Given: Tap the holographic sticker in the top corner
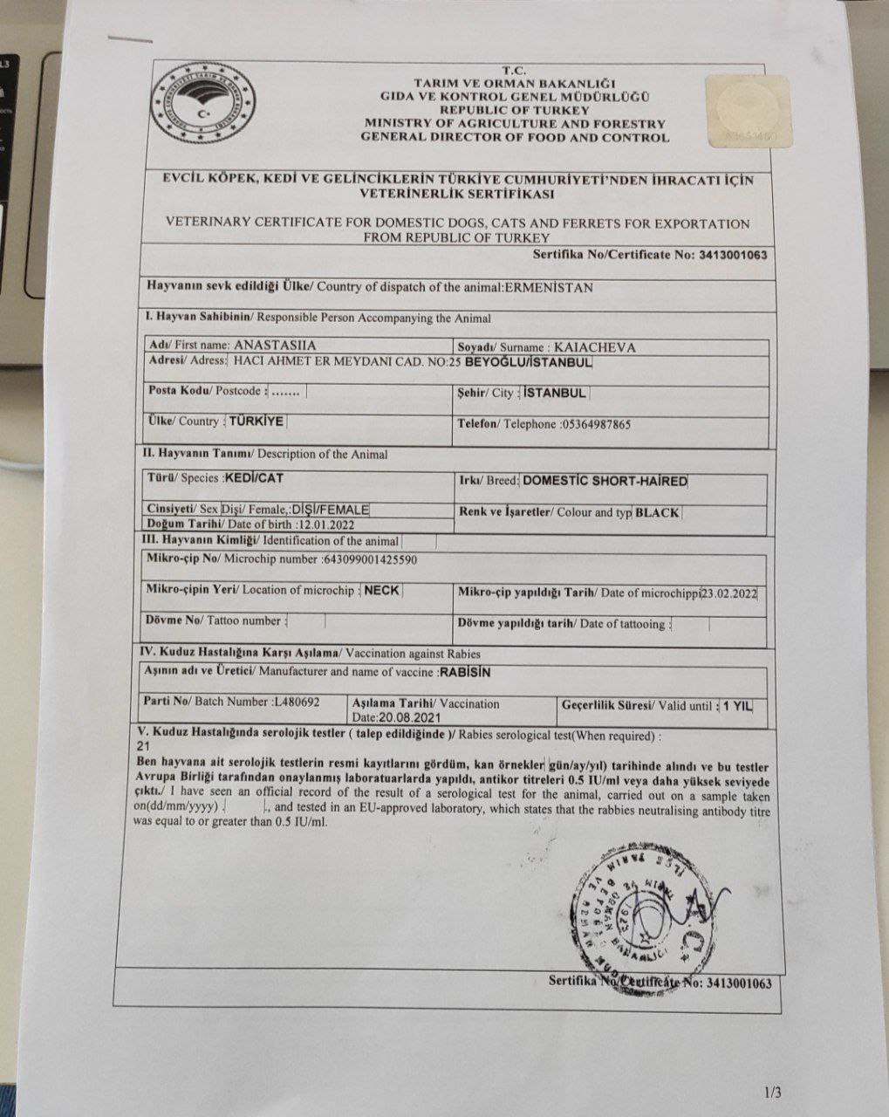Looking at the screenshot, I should (749, 108).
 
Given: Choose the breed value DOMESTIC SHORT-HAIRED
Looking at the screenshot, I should (605, 481).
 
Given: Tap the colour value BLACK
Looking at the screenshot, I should (658, 513).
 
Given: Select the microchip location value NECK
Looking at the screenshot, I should (381, 590).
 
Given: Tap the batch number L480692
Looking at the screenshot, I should (296, 702).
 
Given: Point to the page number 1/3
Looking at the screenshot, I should (773, 1092).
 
